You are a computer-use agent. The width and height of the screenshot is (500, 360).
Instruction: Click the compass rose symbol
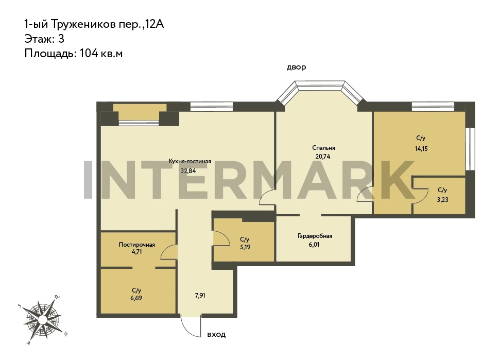(42, 319)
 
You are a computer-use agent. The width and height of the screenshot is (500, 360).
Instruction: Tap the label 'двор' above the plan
(296, 67)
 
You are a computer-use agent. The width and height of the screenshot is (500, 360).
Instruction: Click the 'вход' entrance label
(216, 334)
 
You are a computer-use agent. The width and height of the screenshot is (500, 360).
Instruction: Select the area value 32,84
(188, 171)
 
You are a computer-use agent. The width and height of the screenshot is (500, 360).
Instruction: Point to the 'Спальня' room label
(323, 148)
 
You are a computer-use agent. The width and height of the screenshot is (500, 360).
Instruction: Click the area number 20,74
(323, 157)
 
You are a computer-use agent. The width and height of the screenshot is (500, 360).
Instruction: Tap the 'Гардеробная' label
(315, 236)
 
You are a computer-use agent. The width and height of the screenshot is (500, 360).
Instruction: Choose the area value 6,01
(314, 245)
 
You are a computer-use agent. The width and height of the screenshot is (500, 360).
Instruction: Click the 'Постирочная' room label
(137, 245)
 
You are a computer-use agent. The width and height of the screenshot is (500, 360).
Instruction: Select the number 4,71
(137, 251)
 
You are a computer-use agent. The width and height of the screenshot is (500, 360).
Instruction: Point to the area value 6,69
(136, 298)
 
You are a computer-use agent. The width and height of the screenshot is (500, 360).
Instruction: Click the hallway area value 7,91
(200, 296)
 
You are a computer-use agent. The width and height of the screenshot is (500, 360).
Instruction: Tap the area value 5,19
(245, 247)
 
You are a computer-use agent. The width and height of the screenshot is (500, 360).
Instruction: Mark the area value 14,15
(421, 149)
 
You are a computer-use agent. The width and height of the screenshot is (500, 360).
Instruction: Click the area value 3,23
(443, 200)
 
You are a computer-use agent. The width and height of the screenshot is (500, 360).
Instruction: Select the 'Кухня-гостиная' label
(189, 161)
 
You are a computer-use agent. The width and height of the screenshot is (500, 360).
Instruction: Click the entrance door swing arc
(188, 329)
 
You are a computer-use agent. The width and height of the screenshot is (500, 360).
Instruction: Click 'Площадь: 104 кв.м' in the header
(73, 53)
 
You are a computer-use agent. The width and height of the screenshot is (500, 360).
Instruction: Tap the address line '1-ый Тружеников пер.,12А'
(94, 24)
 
